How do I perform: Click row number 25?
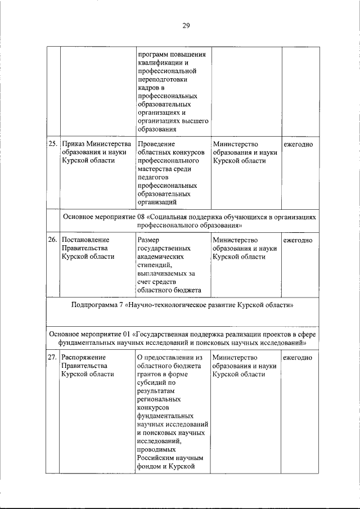(52, 144)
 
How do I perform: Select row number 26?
(52, 240)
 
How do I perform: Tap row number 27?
(52, 357)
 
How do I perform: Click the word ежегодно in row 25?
(298, 144)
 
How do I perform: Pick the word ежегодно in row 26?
(298, 240)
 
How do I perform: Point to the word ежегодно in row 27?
(298, 357)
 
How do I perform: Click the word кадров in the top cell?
(148, 88)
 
